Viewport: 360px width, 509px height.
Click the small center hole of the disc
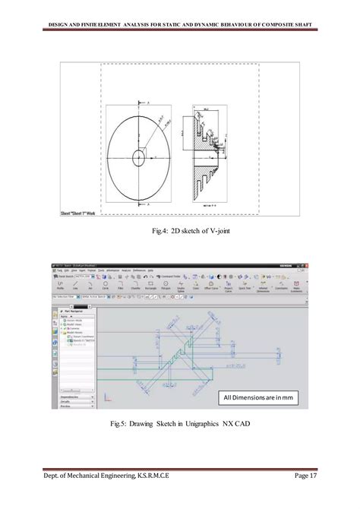coord(140,158)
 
